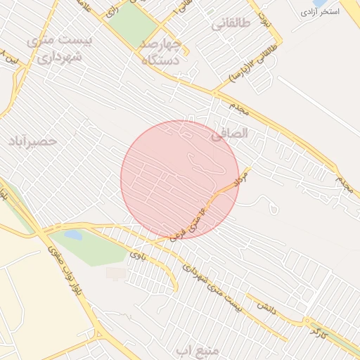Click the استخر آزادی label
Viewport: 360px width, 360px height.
click(319, 12)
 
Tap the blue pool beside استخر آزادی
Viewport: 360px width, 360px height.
click(319, 3)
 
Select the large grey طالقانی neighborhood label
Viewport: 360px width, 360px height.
click(231, 23)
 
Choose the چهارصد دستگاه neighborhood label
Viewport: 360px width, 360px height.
click(161, 52)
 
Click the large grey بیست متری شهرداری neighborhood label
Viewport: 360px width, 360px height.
click(59, 49)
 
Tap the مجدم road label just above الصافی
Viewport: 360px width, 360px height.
click(240, 109)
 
